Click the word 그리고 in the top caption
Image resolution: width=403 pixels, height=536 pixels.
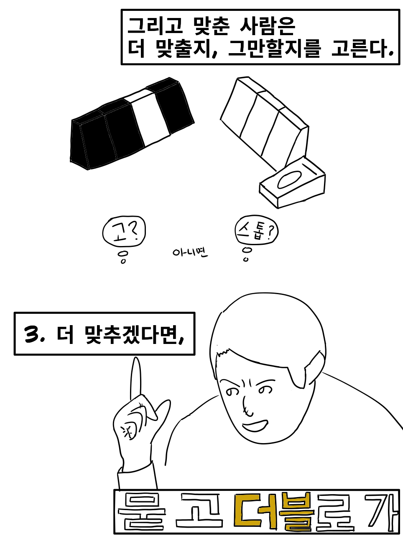155,26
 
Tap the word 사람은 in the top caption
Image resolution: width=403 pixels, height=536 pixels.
268,26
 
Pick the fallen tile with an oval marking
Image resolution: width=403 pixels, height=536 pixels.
292,183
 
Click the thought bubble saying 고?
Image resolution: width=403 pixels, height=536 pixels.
124,231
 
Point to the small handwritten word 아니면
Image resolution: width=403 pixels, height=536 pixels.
190,253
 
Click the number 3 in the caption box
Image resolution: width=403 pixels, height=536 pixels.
32,334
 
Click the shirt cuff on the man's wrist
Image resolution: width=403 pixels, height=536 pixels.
137,479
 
